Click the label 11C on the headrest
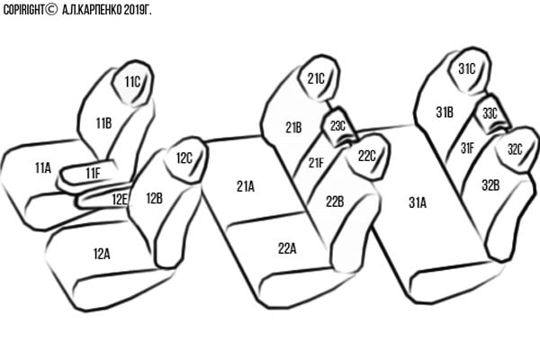click(132, 82)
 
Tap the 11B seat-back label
click(103, 123)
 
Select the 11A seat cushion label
click(43, 167)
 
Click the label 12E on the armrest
click(120, 199)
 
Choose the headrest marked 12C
click(186, 159)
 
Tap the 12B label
click(154, 198)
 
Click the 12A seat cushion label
click(102, 254)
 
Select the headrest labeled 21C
click(318, 78)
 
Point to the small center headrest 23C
click(339, 126)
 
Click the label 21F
click(316, 163)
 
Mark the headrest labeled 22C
click(368, 157)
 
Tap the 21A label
click(246, 186)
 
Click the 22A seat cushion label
click(287, 248)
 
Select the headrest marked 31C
click(469, 70)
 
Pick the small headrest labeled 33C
click(491, 113)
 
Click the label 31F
click(467, 148)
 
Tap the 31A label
click(418, 202)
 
